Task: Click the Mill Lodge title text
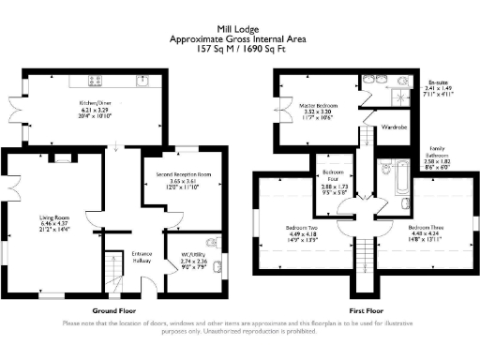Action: (239, 29)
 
